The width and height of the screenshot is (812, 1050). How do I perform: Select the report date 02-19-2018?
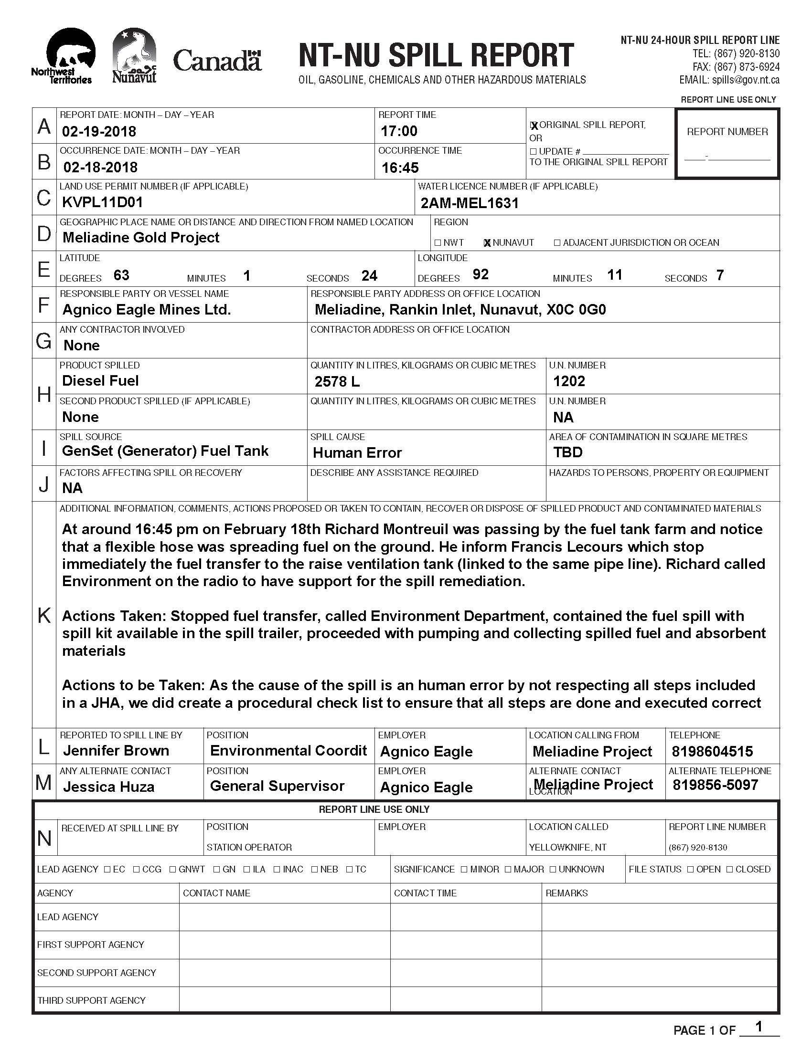(x=99, y=131)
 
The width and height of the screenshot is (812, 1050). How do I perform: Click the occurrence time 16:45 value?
(x=400, y=168)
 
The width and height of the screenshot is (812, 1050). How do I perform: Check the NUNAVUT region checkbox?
(x=487, y=243)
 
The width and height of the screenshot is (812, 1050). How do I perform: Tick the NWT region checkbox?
(x=437, y=243)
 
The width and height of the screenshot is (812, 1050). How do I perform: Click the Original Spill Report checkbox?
(x=534, y=126)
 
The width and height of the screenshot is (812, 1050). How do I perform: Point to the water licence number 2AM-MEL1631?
(x=470, y=203)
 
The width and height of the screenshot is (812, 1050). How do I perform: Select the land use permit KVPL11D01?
(x=103, y=202)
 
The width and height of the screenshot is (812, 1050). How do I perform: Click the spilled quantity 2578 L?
(x=337, y=381)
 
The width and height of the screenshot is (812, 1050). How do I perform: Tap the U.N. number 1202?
(x=568, y=381)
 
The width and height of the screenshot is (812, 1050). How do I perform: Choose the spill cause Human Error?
(x=357, y=452)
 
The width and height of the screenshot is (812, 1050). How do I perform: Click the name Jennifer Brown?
(x=116, y=750)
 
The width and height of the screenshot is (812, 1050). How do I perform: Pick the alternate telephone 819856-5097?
(x=716, y=785)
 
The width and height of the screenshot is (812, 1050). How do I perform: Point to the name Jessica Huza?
(x=109, y=787)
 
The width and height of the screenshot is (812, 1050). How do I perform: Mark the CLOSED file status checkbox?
(x=730, y=869)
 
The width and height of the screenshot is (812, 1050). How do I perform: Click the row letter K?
(x=44, y=615)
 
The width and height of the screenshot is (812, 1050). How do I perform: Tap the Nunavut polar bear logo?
(x=134, y=55)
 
